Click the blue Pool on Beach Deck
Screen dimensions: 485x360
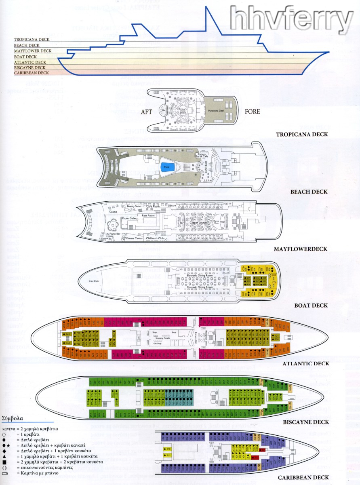166,166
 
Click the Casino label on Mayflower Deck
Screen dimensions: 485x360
113,211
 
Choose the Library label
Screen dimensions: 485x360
173,206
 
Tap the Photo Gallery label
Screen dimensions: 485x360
130,218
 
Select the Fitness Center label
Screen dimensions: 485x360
135,238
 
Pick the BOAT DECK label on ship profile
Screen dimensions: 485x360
25,57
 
